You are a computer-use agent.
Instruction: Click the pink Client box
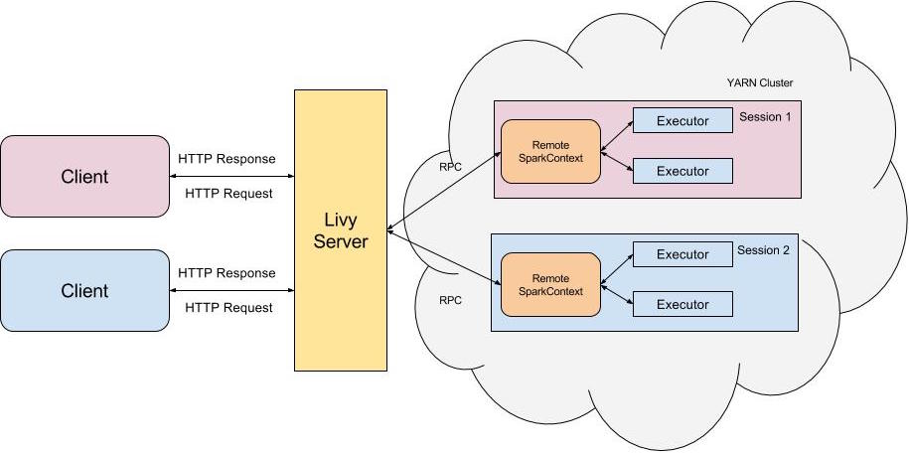[x=84, y=176]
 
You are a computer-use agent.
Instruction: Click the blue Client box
[x=84, y=290]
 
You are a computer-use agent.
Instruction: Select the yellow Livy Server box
[x=340, y=231]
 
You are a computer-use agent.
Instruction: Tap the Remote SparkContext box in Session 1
[x=550, y=151]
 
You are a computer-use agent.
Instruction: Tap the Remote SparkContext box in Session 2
[x=550, y=284]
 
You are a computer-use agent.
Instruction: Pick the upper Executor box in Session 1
[x=682, y=120]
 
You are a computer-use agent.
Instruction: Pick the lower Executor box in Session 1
[x=682, y=171]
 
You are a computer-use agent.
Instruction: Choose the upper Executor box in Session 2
[x=682, y=254]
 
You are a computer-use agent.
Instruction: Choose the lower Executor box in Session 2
[x=682, y=304]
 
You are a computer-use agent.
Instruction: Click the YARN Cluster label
[x=760, y=82]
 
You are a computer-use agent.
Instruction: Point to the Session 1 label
[x=765, y=117]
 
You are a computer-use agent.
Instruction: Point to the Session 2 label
[x=763, y=250]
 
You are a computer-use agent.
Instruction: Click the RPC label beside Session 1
[x=450, y=166]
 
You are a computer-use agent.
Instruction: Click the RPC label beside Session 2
[x=450, y=299]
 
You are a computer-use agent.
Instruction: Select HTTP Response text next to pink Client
[x=227, y=159]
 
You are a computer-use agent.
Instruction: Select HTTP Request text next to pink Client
[x=228, y=194]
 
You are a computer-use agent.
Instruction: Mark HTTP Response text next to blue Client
[x=227, y=273]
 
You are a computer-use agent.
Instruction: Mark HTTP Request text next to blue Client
[x=228, y=308]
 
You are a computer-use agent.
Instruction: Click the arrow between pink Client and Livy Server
[x=232, y=176]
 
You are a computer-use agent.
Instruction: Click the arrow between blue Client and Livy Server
[x=232, y=290]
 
